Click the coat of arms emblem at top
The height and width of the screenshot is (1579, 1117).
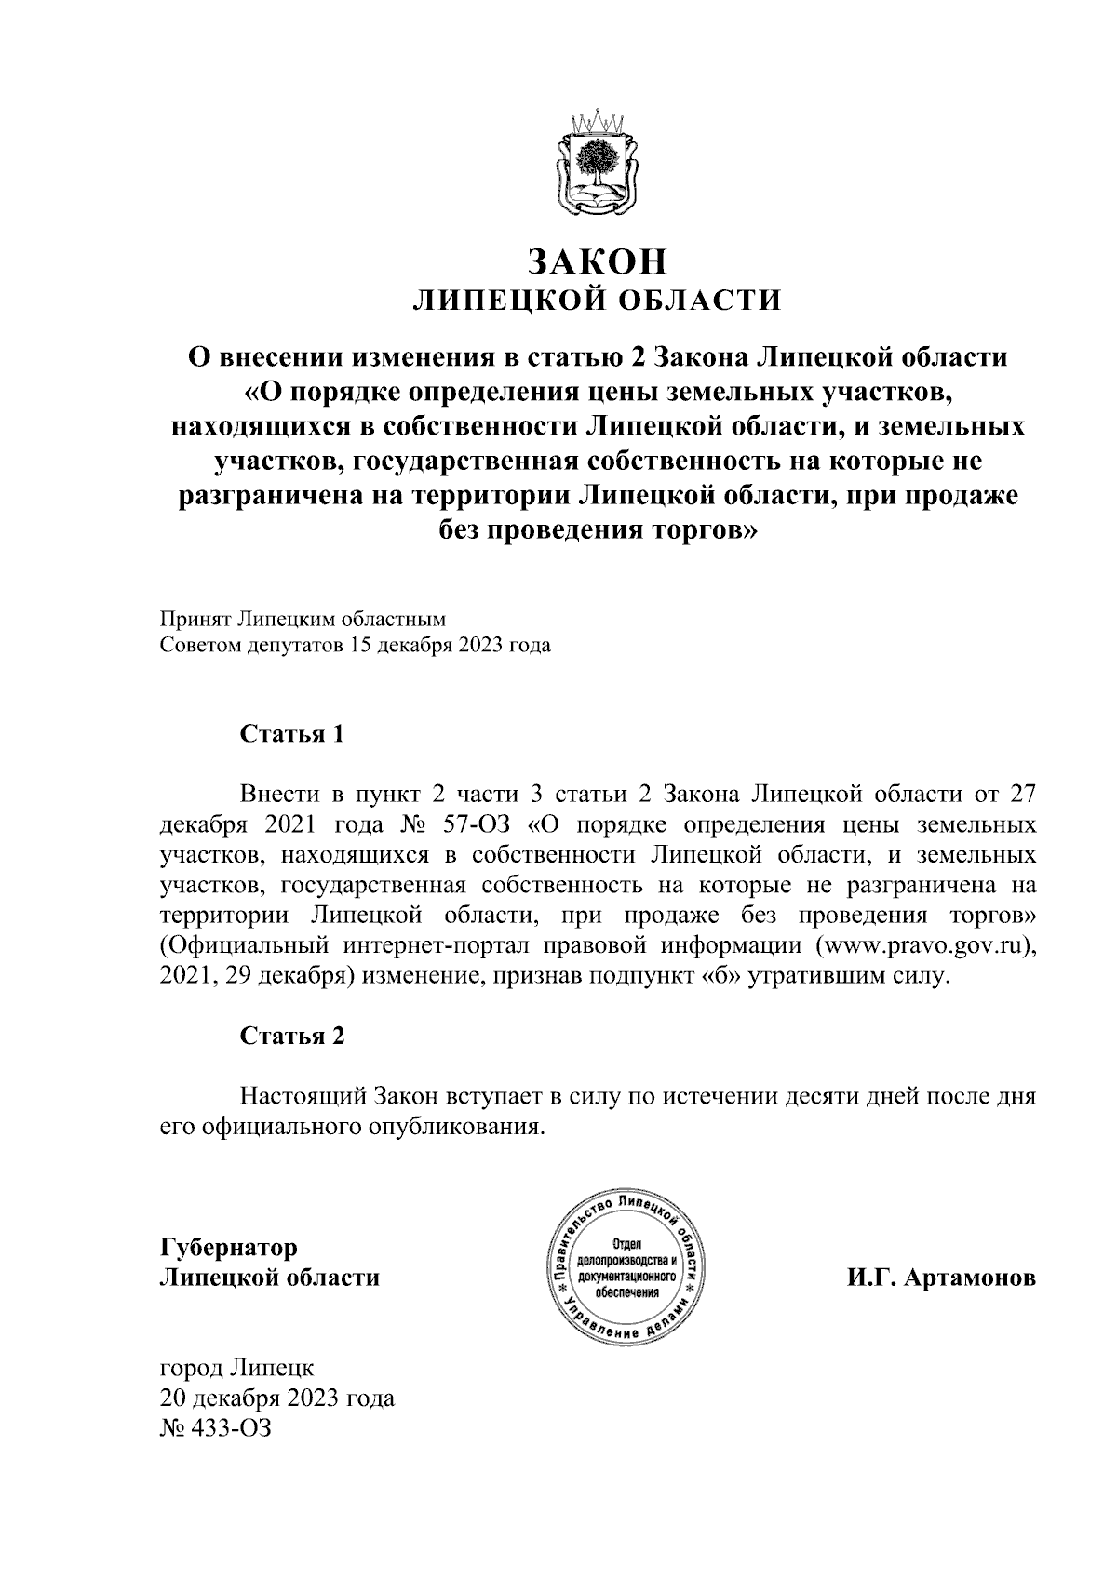click(x=598, y=164)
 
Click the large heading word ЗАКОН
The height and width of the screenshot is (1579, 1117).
click(x=598, y=261)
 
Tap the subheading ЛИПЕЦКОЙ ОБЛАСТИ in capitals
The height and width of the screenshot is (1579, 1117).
click(x=598, y=300)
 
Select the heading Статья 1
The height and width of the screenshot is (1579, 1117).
click(x=292, y=734)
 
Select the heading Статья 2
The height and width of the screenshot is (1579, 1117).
click(x=292, y=1036)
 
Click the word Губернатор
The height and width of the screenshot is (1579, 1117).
click(x=229, y=1246)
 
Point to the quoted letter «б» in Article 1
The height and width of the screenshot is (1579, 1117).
click(x=720, y=978)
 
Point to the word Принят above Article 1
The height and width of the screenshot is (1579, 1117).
click(x=194, y=617)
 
